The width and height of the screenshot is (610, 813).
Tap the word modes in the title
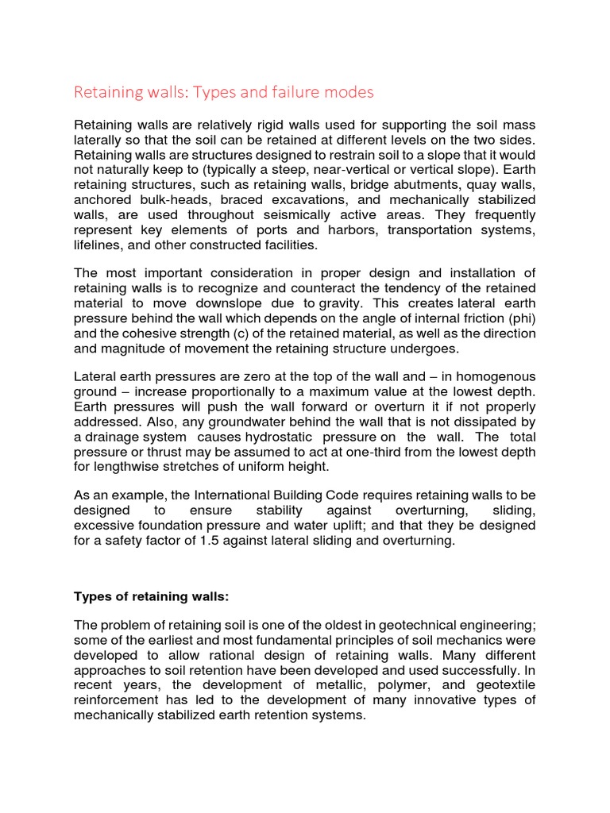348,93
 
